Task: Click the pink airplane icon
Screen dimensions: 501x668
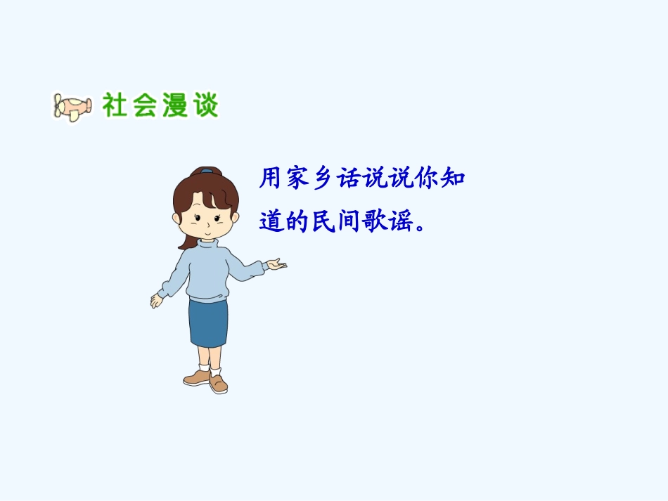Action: (72, 108)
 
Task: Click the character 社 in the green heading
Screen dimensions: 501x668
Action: (116, 105)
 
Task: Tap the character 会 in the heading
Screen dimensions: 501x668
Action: (146, 105)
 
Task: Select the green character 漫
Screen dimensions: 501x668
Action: (175, 105)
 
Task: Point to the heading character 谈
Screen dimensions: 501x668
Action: (205, 105)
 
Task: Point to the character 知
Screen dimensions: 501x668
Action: (452, 178)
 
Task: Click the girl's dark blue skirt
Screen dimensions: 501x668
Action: (208, 323)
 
